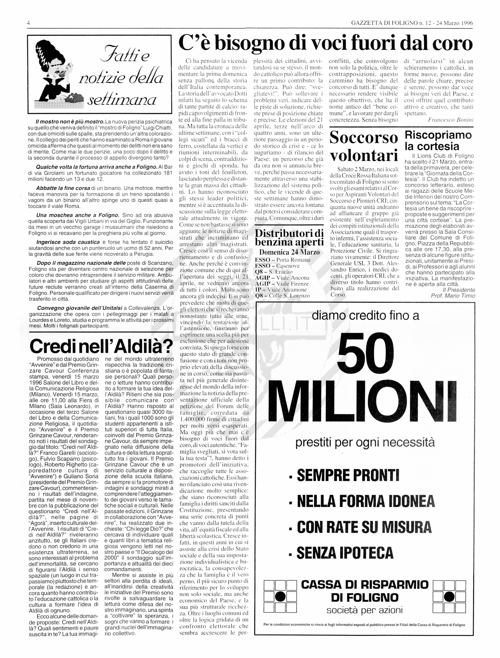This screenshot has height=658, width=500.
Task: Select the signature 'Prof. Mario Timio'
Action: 453,296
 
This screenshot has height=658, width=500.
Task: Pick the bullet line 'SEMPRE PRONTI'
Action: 348,475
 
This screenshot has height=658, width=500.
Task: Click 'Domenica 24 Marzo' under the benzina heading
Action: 289,252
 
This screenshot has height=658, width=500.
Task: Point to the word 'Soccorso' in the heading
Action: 363,138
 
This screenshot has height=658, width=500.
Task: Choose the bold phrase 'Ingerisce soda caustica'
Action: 68,242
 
